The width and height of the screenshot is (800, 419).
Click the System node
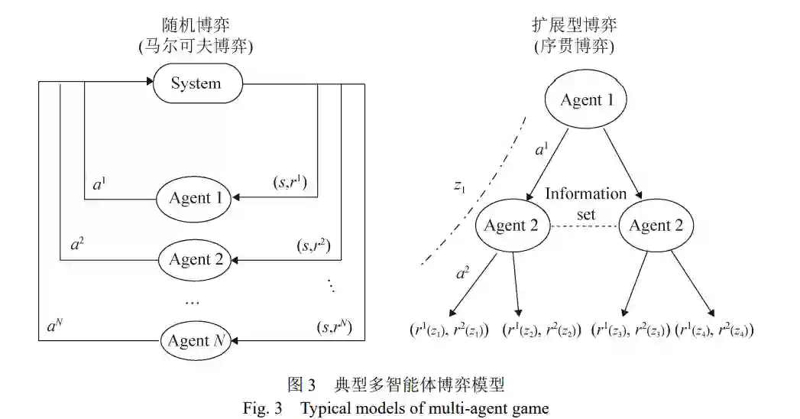(x=196, y=83)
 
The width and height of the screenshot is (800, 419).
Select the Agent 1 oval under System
(x=194, y=198)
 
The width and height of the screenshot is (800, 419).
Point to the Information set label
(x=585, y=203)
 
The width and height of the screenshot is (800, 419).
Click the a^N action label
(x=54, y=327)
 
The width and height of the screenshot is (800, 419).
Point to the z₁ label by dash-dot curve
(x=459, y=187)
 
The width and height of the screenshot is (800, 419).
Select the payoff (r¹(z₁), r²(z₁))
(x=449, y=330)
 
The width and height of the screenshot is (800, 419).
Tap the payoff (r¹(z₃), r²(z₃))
(x=630, y=330)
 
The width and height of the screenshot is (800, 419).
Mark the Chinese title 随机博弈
(x=195, y=23)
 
